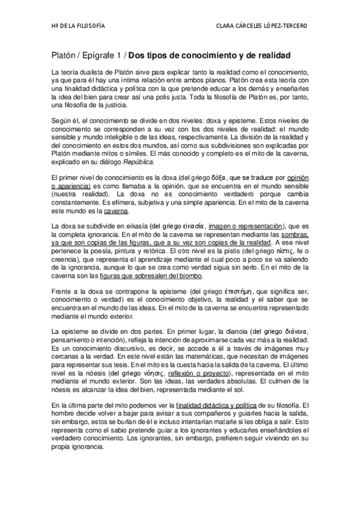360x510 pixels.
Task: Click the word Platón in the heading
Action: pyautogui.click(x=66, y=55)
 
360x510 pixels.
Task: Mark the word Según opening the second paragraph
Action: pyautogui.click(x=62, y=119)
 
